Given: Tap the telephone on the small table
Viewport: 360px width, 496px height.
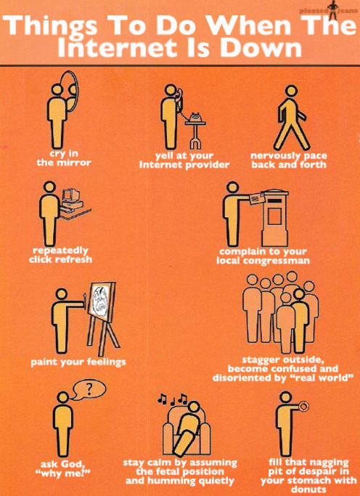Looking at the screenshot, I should pos(194,117).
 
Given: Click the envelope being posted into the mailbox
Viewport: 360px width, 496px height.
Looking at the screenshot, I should pos(255,198).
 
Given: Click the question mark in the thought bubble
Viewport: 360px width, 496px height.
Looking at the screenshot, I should pos(89,388).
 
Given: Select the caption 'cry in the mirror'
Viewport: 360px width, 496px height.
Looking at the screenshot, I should pos(64,158).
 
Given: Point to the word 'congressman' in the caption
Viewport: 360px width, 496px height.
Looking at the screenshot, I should pos(280,260).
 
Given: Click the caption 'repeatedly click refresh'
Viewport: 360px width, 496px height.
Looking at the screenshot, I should pos(61,255).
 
